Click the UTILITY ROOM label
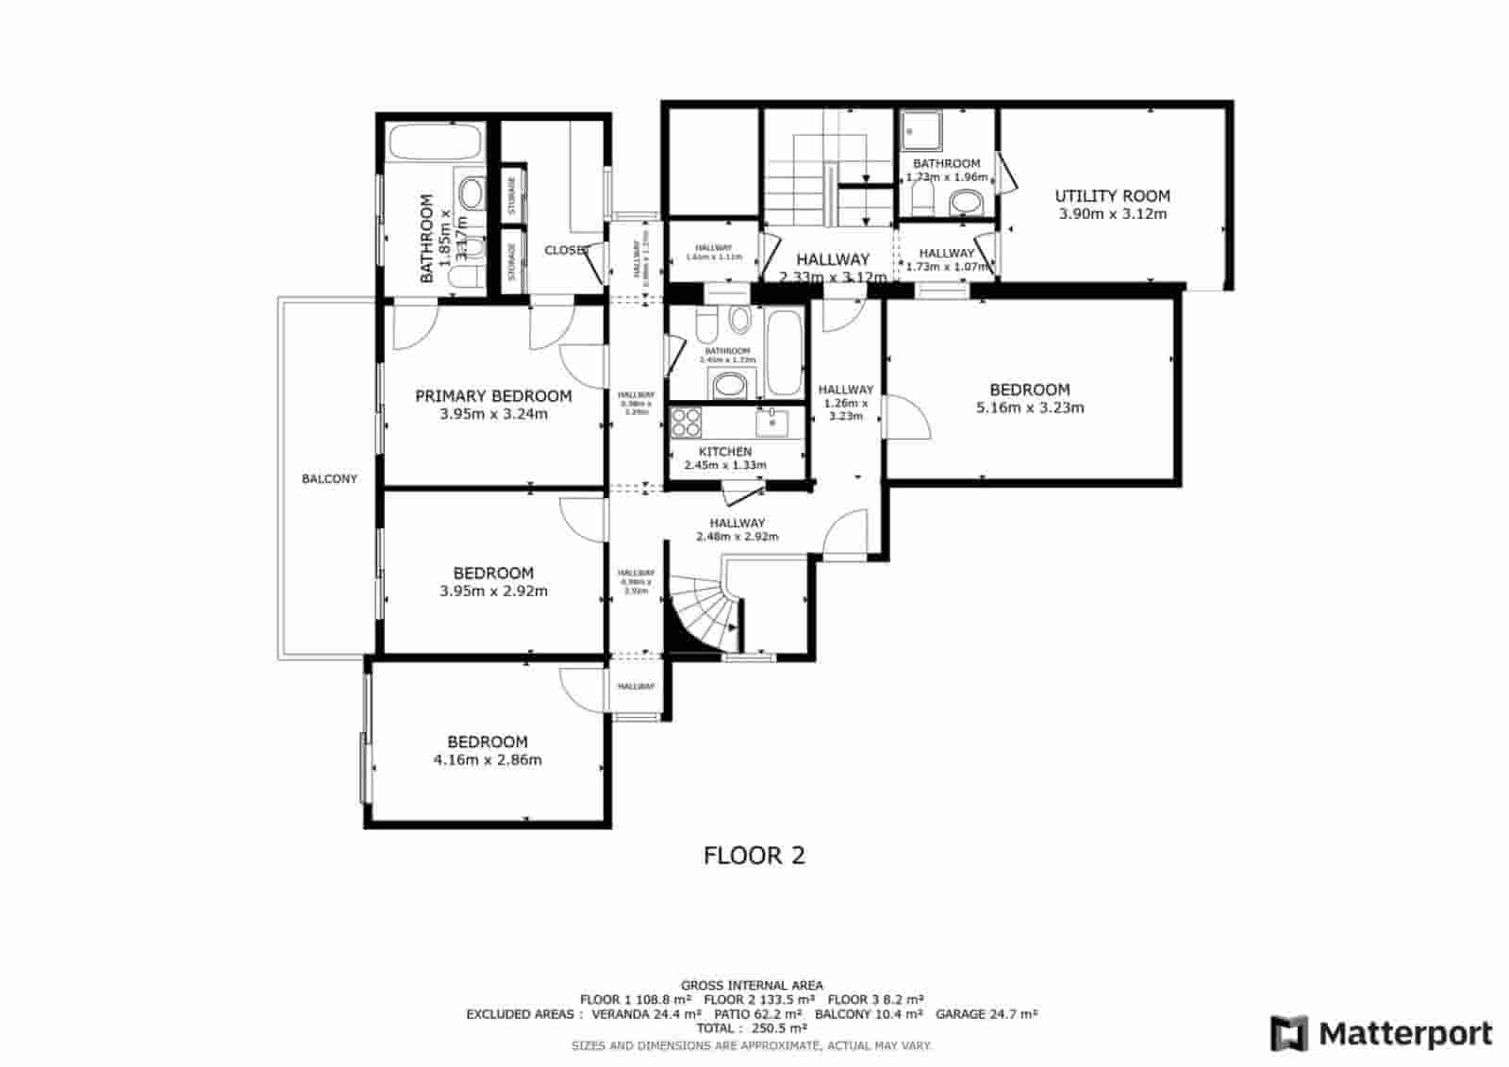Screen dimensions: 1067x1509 click(x=1112, y=196)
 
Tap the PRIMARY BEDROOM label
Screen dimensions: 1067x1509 click(x=493, y=396)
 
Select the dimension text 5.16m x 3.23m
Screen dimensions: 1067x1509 click(x=1029, y=408)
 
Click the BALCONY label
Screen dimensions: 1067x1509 click(x=329, y=479)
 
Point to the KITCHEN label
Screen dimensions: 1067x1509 click(x=724, y=452)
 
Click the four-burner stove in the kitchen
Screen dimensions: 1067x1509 click(x=686, y=421)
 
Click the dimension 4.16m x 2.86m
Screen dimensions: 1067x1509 click(x=488, y=759)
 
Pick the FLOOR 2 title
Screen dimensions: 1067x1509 click(x=754, y=856)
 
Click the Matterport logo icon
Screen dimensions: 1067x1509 click(x=1288, y=1033)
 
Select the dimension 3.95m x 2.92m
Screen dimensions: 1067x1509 click(x=493, y=592)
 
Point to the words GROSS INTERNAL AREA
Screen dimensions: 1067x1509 click(x=752, y=986)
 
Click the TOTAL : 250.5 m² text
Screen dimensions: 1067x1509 click(x=752, y=1028)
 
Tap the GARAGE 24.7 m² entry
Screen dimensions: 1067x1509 click(x=987, y=1014)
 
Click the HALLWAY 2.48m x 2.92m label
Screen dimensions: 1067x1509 click(x=737, y=529)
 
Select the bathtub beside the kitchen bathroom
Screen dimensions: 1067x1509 click(x=783, y=351)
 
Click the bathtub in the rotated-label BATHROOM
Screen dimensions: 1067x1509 click(x=436, y=143)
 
